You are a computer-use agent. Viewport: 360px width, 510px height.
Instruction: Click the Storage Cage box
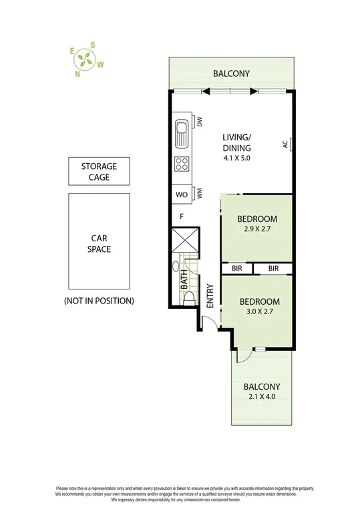point(99,172)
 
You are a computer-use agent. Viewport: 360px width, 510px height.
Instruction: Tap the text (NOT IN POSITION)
point(99,301)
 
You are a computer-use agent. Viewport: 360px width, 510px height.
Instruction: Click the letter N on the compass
point(78,74)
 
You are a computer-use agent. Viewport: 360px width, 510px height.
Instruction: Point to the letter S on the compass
point(92,45)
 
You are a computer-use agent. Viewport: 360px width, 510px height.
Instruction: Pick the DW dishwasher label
point(199,122)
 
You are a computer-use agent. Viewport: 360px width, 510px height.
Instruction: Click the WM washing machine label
point(199,195)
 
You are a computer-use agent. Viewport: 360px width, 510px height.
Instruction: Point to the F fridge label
point(181,217)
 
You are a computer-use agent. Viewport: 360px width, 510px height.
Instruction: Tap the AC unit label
point(285,144)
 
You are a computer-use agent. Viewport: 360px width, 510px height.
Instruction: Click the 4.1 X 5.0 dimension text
point(236,159)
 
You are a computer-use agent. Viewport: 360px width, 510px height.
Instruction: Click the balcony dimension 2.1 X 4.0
point(261,397)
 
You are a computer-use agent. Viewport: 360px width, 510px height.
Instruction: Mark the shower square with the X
point(184,241)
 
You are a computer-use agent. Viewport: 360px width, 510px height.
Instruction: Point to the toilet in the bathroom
point(189,298)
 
